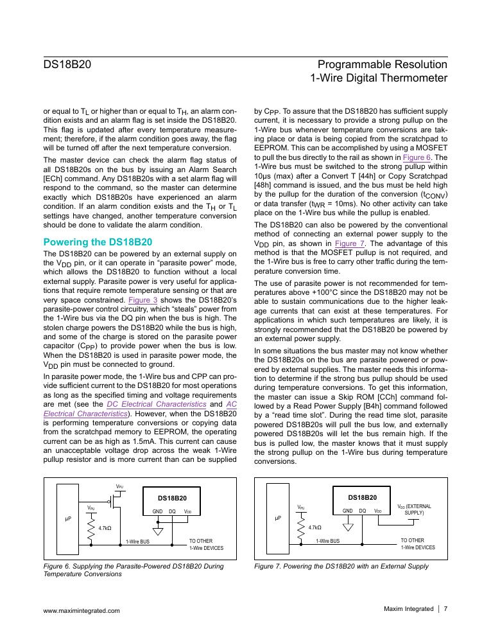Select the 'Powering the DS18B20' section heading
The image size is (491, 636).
(x=98, y=242)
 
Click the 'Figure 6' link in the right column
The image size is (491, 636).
(x=417, y=157)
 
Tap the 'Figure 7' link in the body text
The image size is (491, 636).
(x=350, y=243)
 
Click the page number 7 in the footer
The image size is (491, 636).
(x=445, y=609)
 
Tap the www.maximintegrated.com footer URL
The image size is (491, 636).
(x=81, y=610)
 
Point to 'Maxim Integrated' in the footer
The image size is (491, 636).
(x=408, y=609)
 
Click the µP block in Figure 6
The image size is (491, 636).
(x=67, y=518)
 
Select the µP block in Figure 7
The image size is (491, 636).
(x=278, y=518)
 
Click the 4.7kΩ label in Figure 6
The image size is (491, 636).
(x=105, y=528)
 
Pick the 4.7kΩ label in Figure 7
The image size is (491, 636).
(x=314, y=528)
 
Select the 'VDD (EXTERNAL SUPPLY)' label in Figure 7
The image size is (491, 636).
(x=415, y=509)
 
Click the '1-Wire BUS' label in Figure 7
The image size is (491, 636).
(x=327, y=542)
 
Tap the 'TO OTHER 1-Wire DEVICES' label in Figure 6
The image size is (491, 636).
(x=206, y=544)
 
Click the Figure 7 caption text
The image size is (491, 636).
(x=341, y=566)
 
